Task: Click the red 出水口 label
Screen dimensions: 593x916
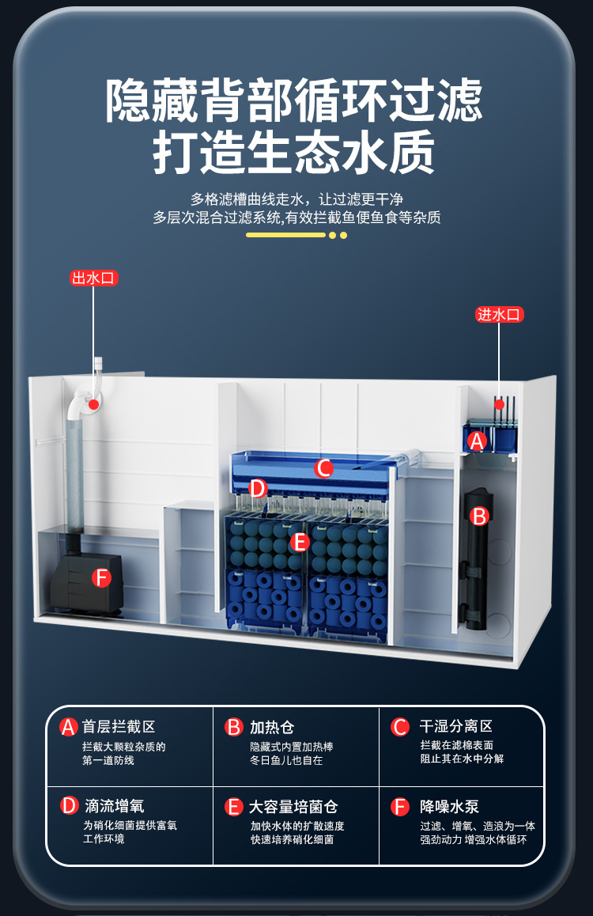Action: [94, 278]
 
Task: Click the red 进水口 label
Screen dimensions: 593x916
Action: [500, 314]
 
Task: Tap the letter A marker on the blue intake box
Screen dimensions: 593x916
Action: [476, 441]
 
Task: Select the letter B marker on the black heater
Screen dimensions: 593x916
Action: [480, 517]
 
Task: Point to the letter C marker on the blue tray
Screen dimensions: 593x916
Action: [323, 468]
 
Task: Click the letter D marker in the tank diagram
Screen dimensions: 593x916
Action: [258, 488]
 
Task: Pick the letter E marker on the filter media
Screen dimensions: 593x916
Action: [299, 543]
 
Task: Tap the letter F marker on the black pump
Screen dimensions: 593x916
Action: [100, 578]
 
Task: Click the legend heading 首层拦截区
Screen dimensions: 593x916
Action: [119, 726]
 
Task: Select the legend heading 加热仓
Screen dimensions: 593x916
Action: [272, 727]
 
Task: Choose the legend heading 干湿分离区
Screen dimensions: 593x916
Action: [455, 726]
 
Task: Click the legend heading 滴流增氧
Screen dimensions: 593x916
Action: [114, 806]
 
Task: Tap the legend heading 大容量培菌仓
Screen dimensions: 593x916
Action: [293, 807]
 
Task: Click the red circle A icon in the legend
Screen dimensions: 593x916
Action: [69, 727]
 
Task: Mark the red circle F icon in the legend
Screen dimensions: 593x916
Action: [400, 807]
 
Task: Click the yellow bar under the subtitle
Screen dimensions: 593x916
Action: [285, 235]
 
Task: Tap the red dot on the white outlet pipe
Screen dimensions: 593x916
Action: [94, 403]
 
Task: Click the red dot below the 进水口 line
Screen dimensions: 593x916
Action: [499, 404]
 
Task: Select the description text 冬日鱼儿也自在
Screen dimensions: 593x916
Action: [286, 760]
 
